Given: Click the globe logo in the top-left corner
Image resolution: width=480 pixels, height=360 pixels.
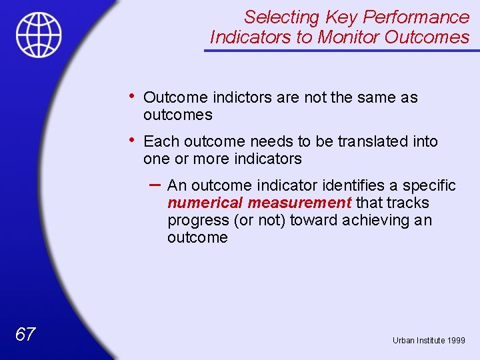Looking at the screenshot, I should (x=39, y=35).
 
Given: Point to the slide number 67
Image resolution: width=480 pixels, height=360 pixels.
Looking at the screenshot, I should (x=25, y=335).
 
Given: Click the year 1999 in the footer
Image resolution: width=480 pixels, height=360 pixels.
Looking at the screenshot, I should (x=456, y=341).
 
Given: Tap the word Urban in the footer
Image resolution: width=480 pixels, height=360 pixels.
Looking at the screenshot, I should (x=403, y=341).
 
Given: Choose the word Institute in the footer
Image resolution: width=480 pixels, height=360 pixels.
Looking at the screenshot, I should (x=431, y=341).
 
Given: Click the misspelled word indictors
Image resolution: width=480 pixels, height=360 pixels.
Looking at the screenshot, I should (x=239, y=97).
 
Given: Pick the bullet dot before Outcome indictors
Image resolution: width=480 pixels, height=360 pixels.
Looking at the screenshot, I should (x=134, y=96).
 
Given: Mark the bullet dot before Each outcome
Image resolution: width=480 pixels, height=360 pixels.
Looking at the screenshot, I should (x=134, y=140).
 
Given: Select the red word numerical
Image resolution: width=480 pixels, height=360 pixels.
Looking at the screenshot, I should (x=205, y=203).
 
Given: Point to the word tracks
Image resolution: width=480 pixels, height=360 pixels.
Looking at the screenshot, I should (x=407, y=203).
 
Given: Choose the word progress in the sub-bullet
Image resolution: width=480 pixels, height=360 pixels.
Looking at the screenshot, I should (x=195, y=220).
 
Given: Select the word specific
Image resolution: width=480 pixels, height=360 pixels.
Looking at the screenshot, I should (x=429, y=185).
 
